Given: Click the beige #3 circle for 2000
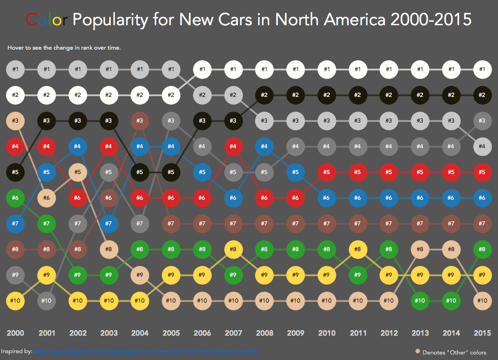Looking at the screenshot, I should (x=16, y=121).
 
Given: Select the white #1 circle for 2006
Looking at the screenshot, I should (x=202, y=70).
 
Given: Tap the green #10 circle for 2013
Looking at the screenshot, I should (x=419, y=301).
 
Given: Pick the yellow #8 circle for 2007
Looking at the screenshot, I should (x=233, y=249).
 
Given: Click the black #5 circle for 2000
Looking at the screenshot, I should (x=16, y=172).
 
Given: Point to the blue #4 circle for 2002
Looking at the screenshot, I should (x=78, y=146).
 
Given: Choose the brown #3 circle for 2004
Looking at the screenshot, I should (x=140, y=121).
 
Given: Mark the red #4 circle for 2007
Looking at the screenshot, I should (x=233, y=146).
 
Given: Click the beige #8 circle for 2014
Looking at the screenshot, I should (x=451, y=249).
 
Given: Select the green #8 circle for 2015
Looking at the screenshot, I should (x=482, y=249).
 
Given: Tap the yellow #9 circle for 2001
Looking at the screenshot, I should (x=46, y=275).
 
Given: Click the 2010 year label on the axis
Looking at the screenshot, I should (x=326, y=333).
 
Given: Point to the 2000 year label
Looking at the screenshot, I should (x=16, y=333).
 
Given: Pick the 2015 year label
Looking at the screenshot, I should (x=482, y=333).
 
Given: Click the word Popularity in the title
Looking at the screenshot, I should (x=110, y=20).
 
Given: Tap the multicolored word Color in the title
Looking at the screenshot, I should (x=47, y=20).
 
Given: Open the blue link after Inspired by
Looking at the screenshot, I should (x=146, y=351).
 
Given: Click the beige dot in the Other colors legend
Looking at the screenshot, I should (x=418, y=352).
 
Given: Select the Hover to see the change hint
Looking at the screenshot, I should (x=64, y=48).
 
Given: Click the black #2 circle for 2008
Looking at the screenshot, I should (x=264, y=95).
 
